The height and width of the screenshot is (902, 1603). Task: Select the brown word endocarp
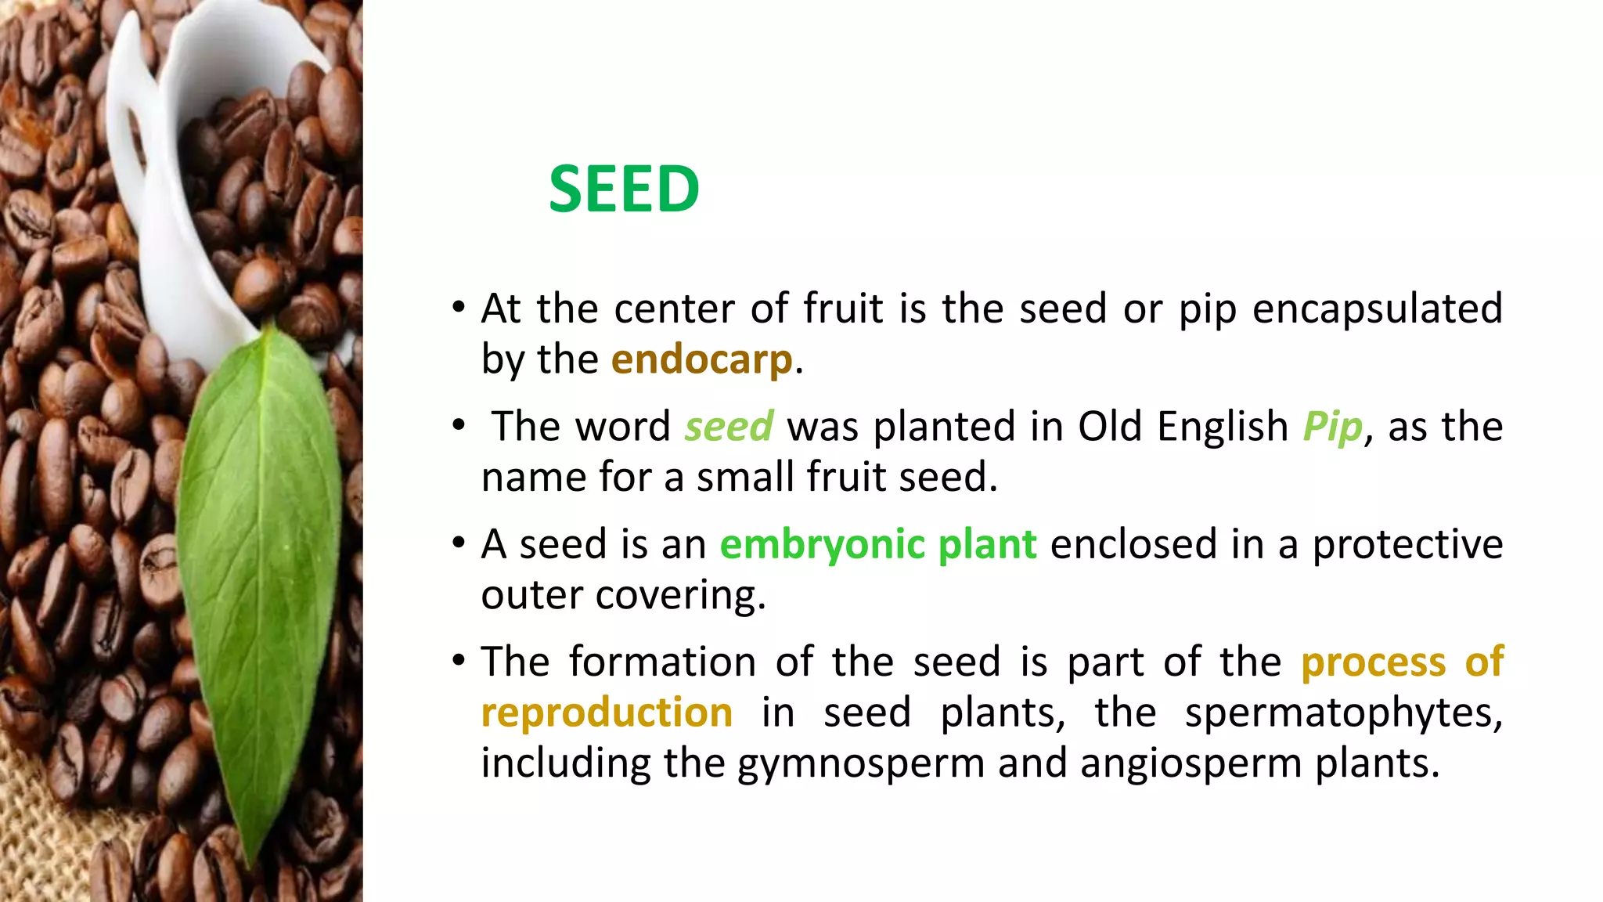[701, 360]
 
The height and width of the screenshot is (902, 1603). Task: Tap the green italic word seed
[729, 427]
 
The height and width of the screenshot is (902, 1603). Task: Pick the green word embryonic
[822, 545]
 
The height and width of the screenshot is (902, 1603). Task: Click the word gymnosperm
[860, 764]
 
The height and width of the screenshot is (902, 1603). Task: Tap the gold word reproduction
[607, 713]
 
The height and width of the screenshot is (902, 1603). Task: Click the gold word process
[1373, 662]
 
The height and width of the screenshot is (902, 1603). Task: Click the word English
[1222, 427]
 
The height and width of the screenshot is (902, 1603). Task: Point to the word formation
[661, 662]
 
